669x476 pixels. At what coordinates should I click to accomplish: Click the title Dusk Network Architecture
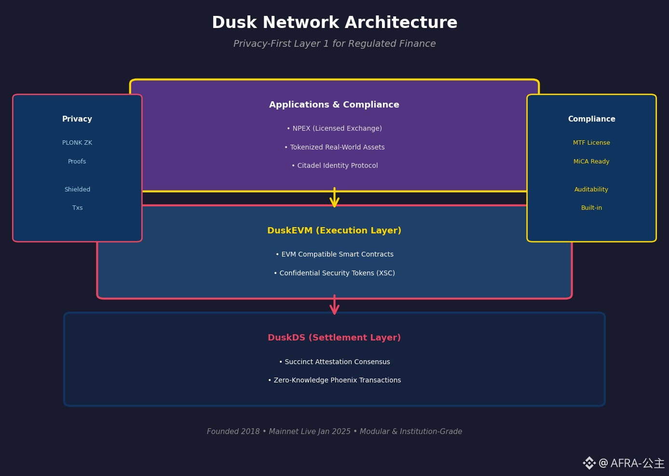pos(334,22)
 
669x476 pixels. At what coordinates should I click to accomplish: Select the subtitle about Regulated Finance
pos(334,43)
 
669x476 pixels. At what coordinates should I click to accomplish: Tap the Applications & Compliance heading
pos(334,105)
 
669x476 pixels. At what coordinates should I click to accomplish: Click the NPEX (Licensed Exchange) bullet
pos(334,128)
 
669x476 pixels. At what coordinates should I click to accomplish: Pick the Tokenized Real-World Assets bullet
pos(334,147)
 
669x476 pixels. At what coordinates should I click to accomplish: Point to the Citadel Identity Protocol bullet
pos(334,165)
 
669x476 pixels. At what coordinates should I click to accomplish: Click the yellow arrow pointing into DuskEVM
pos(334,198)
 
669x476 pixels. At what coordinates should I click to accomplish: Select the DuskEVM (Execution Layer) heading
pos(334,231)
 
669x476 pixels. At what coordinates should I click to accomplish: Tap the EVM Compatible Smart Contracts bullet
pos(334,254)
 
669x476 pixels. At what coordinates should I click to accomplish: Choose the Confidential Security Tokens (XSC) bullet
pos(334,273)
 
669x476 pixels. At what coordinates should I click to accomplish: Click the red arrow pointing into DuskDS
pos(334,305)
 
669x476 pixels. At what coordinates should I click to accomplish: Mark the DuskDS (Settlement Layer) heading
pos(334,338)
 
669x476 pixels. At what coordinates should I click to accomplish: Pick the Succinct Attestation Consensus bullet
pos(334,362)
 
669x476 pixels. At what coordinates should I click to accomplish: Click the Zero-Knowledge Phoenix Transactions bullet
pos(334,380)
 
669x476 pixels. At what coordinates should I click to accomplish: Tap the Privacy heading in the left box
pos(77,119)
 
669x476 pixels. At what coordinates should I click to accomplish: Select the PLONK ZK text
pos(77,143)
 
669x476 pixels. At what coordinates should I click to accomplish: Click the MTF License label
pos(591,143)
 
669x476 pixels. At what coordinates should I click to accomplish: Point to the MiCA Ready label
pos(591,162)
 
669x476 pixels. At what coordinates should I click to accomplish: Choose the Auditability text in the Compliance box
pos(591,190)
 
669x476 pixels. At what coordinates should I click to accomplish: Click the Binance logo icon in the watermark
pos(589,463)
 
